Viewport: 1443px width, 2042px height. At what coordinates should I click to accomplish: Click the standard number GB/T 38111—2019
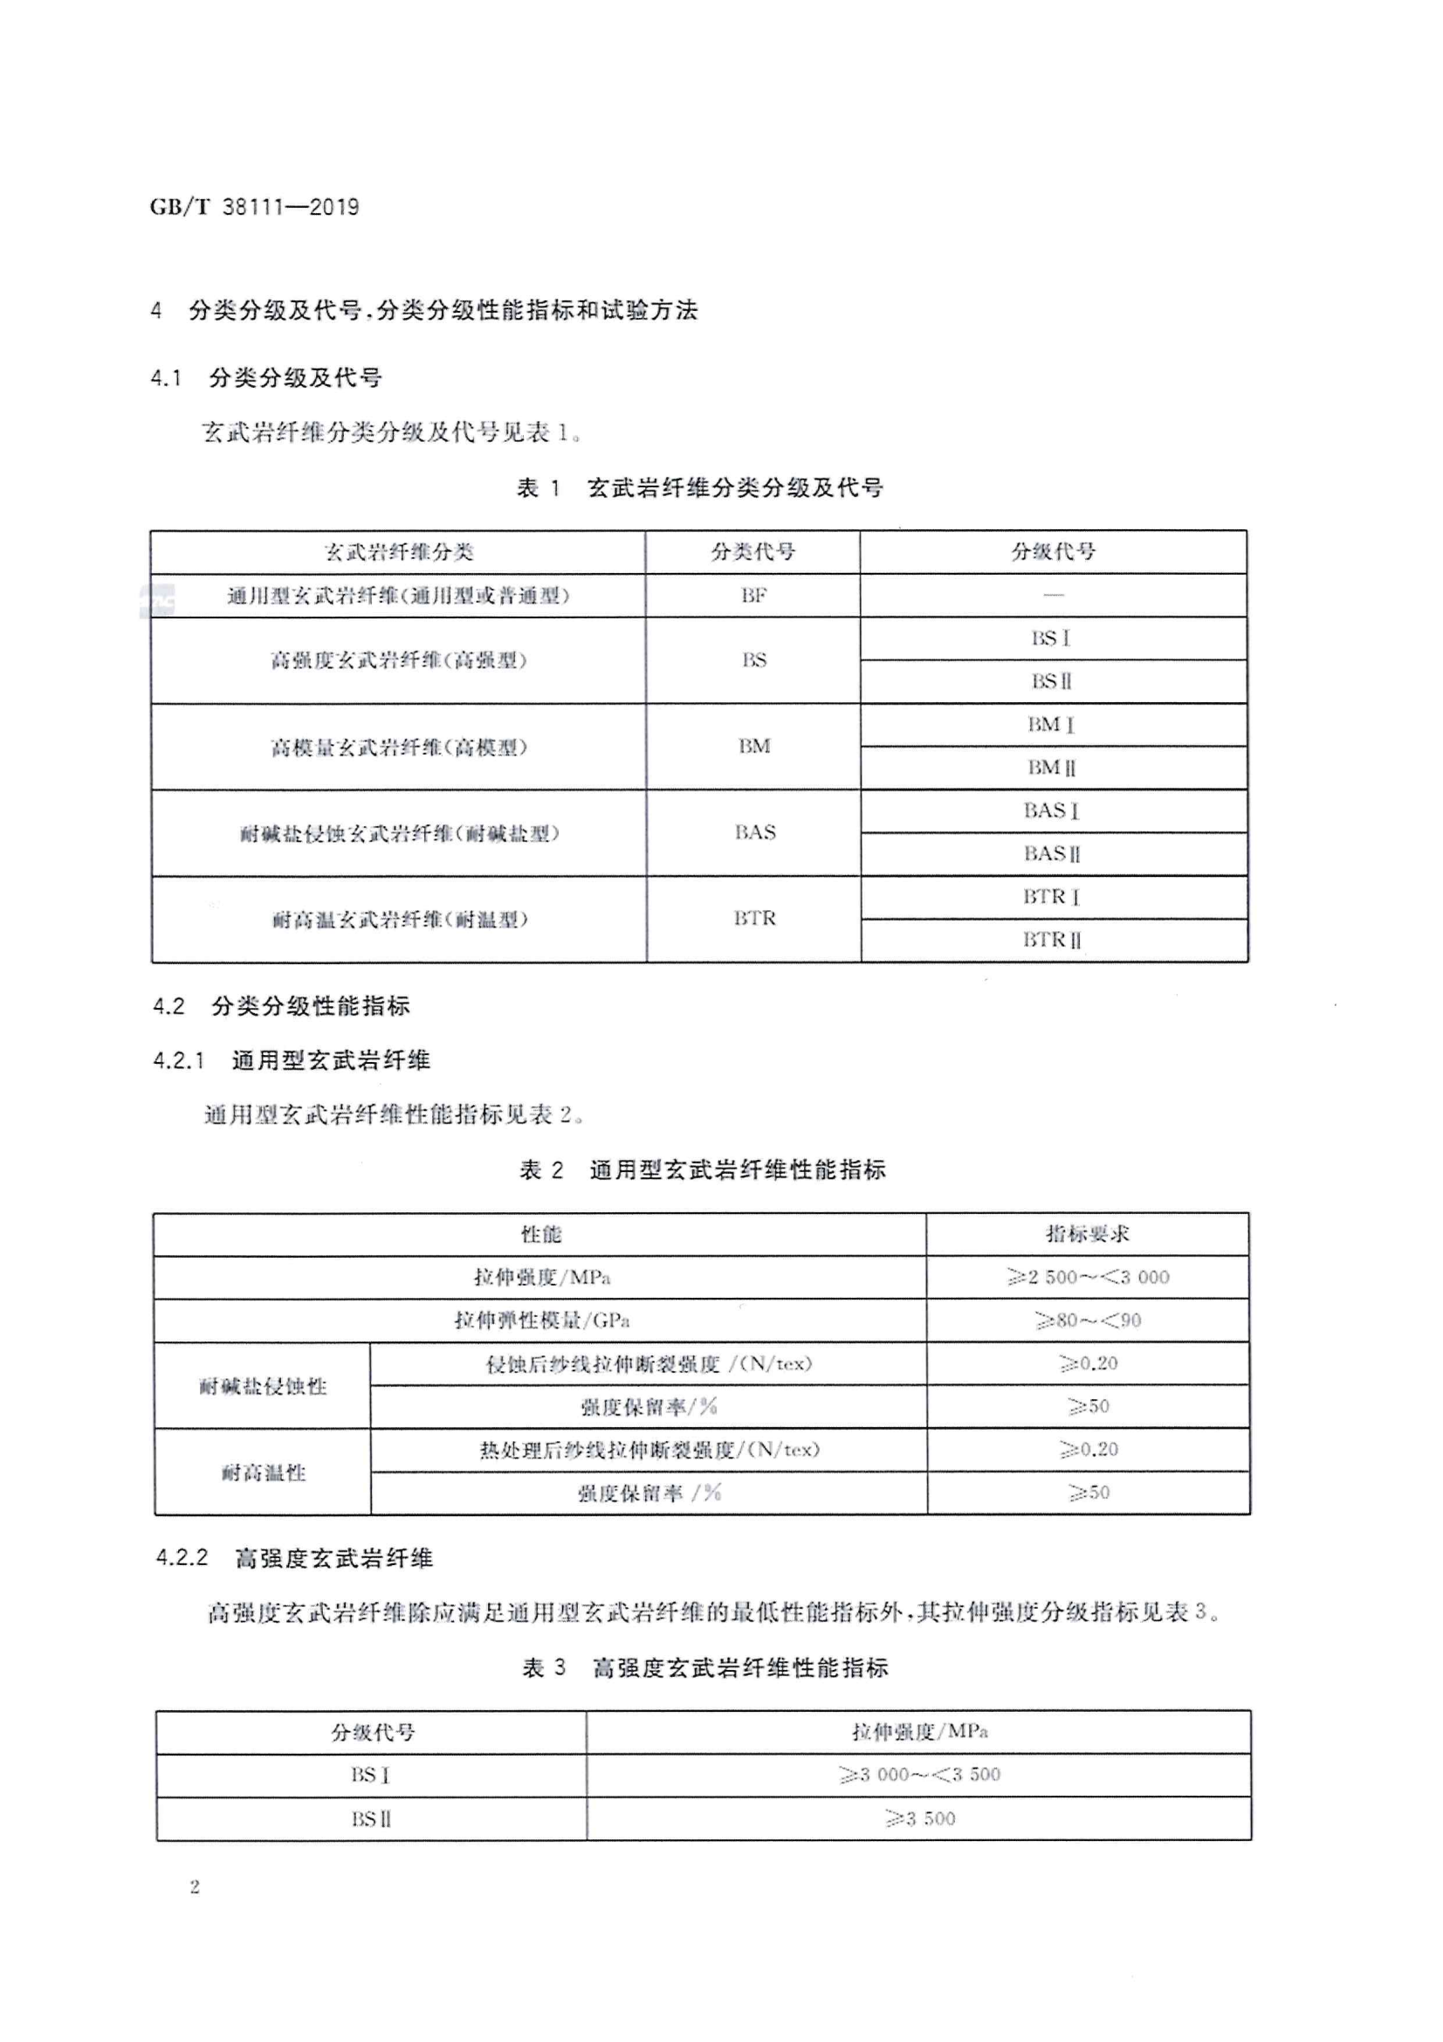(x=254, y=207)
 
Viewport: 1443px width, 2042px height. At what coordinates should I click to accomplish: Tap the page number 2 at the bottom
(x=195, y=1887)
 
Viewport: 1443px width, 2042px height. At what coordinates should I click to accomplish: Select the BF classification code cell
(x=753, y=596)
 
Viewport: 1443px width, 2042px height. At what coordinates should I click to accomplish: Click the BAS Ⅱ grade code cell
(x=1052, y=854)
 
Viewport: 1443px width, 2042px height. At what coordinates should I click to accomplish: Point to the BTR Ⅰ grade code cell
(x=1051, y=896)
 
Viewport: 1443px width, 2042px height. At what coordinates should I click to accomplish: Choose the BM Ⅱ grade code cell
(x=1052, y=768)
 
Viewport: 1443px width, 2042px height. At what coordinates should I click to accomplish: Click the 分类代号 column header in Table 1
(x=752, y=552)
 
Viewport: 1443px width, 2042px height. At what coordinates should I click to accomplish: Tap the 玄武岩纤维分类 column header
(x=398, y=552)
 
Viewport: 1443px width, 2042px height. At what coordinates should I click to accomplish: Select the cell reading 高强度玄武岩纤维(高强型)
(x=398, y=660)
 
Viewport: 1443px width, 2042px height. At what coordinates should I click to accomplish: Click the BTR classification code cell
(x=754, y=918)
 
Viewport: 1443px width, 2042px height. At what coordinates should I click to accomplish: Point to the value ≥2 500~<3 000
(x=1088, y=1277)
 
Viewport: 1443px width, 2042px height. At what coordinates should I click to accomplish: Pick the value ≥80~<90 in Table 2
(x=1088, y=1320)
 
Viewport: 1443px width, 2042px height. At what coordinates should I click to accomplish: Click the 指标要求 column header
(x=1087, y=1233)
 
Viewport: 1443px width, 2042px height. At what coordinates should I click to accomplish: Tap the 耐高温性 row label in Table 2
(x=263, y=1472)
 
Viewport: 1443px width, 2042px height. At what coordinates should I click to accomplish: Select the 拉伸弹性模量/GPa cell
(x=540, y=1320)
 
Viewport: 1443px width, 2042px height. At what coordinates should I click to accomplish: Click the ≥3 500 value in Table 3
(x=919, y=1818)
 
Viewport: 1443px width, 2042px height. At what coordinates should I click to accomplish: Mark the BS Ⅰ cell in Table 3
(x=371, y=1774)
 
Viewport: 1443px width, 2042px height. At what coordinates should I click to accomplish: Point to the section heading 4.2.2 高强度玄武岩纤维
(x=294, y=1557)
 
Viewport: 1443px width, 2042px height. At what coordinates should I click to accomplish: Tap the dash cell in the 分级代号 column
(x=1053, y=595)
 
